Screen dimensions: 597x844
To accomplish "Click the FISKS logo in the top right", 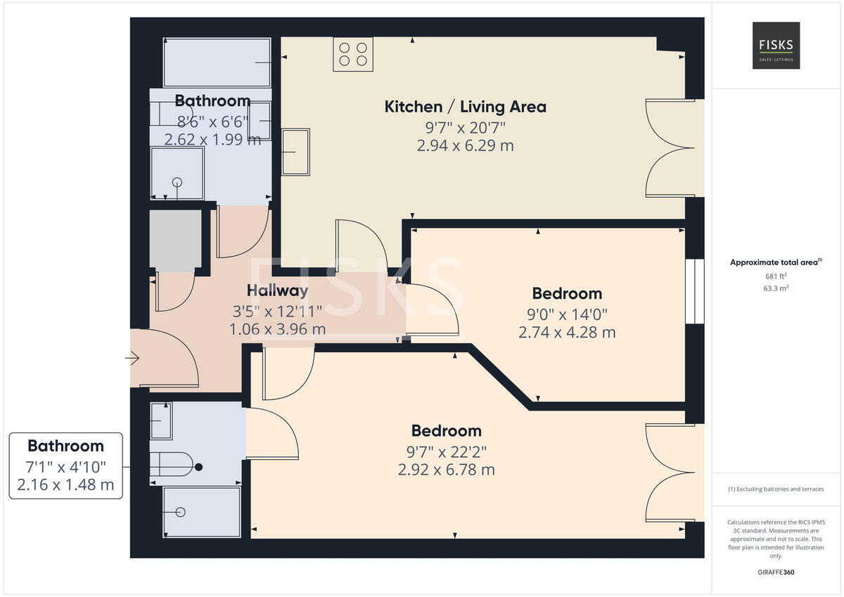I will [x=776, y=45].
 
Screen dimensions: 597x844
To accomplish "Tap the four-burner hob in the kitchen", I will [x=352, y=54].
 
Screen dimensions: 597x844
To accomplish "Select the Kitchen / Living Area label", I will [x=465, y=107].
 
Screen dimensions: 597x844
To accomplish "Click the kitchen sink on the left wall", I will [x=295, y=151].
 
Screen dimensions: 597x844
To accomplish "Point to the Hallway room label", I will [x=277, y=290].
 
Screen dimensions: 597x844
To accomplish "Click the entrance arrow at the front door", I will [x=132, y=359].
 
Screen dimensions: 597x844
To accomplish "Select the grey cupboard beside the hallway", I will [x=175, y=240].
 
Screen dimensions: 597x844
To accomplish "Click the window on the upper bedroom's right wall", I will [x=695, y=292].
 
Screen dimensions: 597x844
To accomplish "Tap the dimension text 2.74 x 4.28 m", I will [x=567, y=332].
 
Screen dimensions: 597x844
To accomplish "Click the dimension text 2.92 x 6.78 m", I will [x=447, y=470].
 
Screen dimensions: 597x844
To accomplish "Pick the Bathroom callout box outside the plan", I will [x=65, y=466].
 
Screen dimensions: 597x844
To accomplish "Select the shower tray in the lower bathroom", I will [x=200, y=512].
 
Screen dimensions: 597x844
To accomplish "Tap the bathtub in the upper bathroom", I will [x=217, y=63].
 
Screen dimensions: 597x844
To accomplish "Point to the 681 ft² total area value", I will [x=776, y=276].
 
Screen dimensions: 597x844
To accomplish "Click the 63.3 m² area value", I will [x=776, y=288].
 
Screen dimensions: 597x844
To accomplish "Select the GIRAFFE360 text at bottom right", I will [x=776, y=572].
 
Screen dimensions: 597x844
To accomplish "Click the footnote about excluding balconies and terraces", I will [x=776, y=489].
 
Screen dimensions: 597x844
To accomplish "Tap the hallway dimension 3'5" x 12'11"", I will [x=277, y=310].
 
